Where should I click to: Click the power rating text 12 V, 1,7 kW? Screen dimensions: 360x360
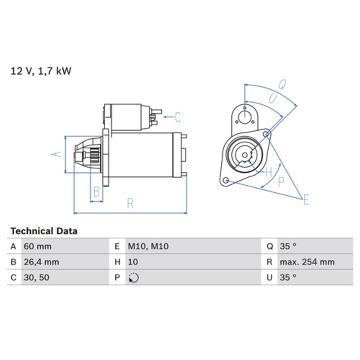click(41, 71)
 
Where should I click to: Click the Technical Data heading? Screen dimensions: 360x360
click(44, 231)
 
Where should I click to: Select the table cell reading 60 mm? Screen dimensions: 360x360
click(37, 246)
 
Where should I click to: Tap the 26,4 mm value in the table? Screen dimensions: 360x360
click(41, 262)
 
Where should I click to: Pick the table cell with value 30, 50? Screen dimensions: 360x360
click(36, 278)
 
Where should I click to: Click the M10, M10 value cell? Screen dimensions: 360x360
click(148, 246)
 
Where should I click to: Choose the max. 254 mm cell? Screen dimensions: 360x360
click(307, 262)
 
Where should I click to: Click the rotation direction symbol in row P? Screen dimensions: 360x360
click(134, 278)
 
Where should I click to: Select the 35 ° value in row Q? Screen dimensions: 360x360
click(288, 246)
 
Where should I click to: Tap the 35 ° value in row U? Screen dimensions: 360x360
click(288, 278)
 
